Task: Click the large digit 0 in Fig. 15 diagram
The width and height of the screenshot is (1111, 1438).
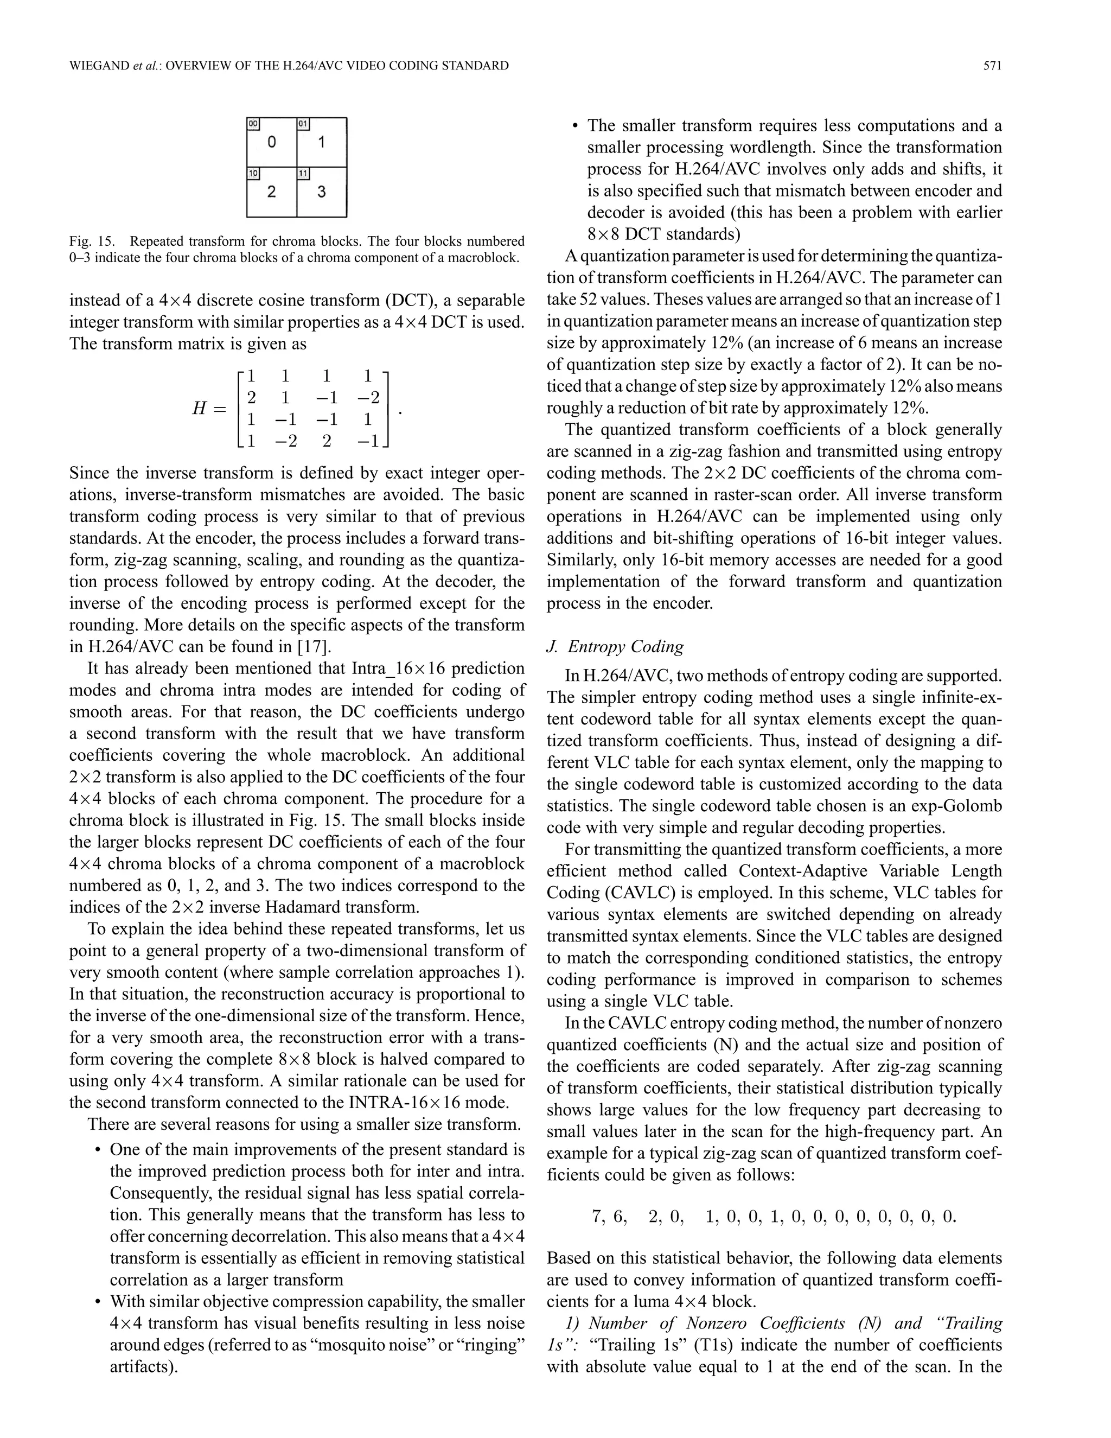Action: click(x=271, y=142)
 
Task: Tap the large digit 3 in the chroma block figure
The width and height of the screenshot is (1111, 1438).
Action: click(x=321, y=192)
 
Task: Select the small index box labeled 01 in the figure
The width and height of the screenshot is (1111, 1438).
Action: click(x=303, y=124)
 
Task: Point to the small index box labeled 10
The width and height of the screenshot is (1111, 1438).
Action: click(x=253, y=174)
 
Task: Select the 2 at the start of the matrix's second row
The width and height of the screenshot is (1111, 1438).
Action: click(x=251, y=397)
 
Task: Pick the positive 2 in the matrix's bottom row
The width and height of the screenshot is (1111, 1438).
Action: click(x=327, y=441)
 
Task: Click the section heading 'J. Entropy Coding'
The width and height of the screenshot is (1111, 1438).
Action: click(x=615, y=647)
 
